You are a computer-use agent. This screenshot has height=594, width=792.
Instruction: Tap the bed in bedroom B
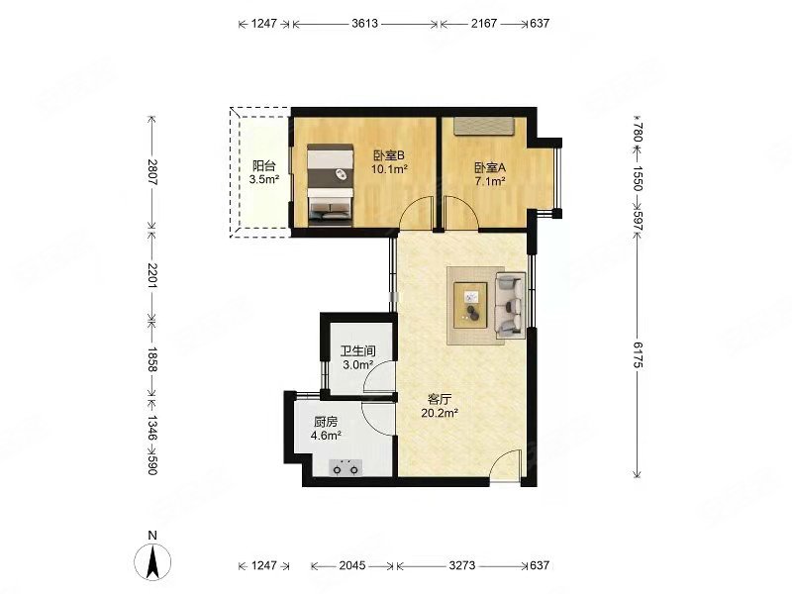pos(331,184)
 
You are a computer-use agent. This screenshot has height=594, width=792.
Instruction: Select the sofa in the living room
pos(510,306)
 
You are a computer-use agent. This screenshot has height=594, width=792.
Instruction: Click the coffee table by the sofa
pos(470,306)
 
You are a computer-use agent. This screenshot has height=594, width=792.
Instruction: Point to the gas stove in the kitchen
pos(346,467)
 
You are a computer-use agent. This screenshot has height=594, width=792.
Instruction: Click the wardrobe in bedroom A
pos(483,127)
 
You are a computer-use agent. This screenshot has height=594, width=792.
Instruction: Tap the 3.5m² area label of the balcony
pos(263,179)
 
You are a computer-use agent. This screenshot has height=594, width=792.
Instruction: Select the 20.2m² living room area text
pos(440,413)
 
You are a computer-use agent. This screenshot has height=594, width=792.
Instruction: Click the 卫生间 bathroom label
pos(357,351)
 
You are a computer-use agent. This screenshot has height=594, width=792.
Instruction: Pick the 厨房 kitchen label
pos(326,422)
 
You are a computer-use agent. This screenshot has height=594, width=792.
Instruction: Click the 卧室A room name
pos(490,167)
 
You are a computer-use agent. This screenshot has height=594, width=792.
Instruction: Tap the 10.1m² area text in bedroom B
pos(389,169)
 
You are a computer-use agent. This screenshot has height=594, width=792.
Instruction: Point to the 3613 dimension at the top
pos(364,23)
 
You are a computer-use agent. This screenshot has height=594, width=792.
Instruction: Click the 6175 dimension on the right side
pos(637,355)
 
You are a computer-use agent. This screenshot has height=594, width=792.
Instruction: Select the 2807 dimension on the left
pos(152,172)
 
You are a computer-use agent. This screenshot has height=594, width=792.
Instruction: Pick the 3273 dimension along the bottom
pos(461,565)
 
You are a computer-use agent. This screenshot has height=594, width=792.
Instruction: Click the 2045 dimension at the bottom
pos(352,565)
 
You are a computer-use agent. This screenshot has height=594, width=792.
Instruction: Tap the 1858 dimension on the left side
pos(152,359)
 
